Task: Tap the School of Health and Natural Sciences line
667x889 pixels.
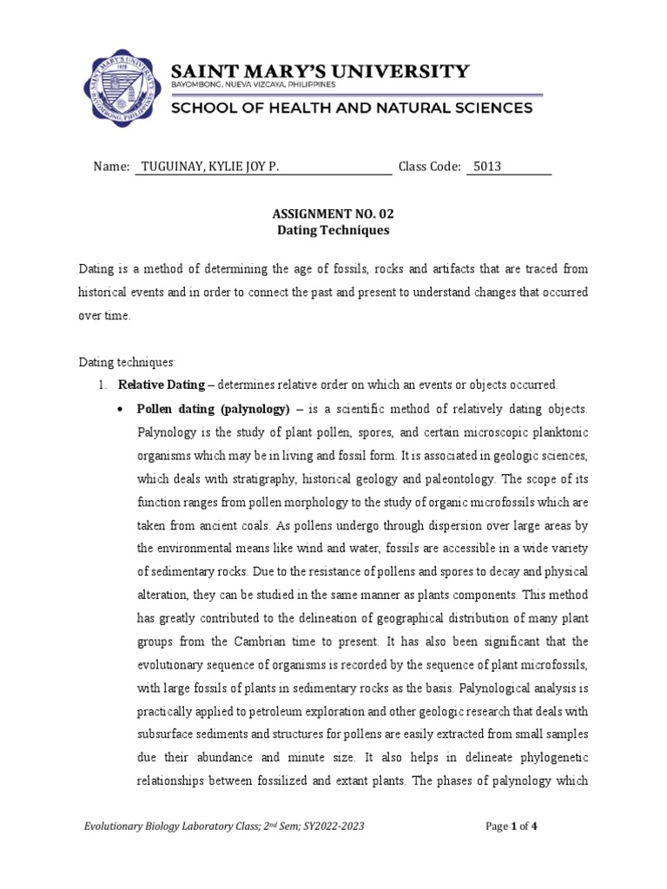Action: tap(351, 109)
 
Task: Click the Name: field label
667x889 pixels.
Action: tap(110, 167)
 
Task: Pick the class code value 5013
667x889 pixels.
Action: tap(487, 167)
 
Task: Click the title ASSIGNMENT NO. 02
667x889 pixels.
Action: tap(333, 213)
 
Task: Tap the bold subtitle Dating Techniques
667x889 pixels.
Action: tap(333, 231)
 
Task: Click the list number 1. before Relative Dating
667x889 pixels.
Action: tap(101, 385)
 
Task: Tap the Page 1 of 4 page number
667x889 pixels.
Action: tap(512, 826)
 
